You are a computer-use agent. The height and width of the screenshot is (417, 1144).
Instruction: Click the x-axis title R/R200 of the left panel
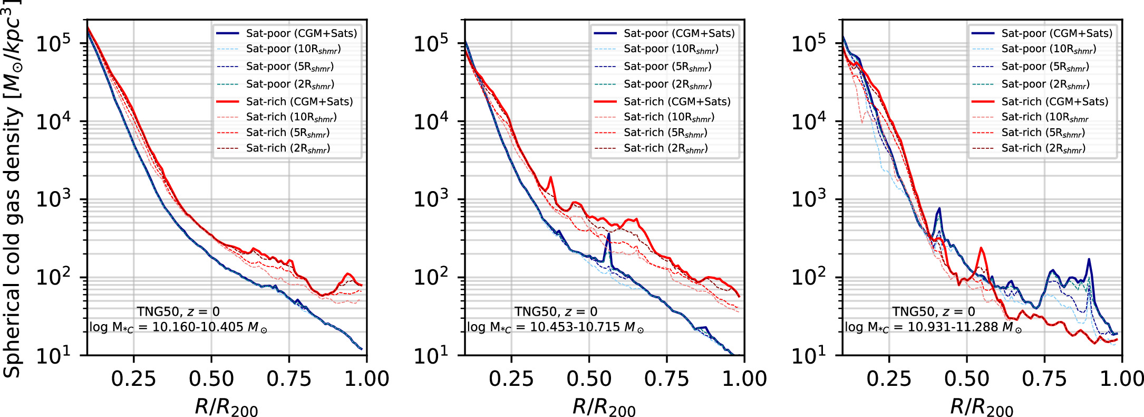click(226, 407)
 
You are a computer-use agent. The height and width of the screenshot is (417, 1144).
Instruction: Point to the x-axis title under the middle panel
click(604, 407)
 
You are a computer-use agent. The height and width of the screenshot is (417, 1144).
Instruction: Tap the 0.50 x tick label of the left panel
click(211, 379)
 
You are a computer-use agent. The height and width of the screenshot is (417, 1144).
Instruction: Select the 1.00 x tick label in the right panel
click(1121, 379)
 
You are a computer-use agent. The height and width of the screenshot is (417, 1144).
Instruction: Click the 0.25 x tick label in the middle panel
click(511, 379)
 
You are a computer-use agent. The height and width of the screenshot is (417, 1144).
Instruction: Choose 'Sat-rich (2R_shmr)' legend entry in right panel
click(1043, 148)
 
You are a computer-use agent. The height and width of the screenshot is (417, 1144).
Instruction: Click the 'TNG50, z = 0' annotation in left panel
click(178, 311)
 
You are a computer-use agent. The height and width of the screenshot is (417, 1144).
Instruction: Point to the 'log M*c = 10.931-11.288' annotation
click(933, 327)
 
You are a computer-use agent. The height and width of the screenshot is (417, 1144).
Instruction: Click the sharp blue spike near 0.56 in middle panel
click(608, 235)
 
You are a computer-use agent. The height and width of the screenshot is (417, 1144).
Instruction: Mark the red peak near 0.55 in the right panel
click(981, 248)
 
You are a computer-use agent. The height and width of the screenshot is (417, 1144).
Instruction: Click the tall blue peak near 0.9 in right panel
click(1089, 260)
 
